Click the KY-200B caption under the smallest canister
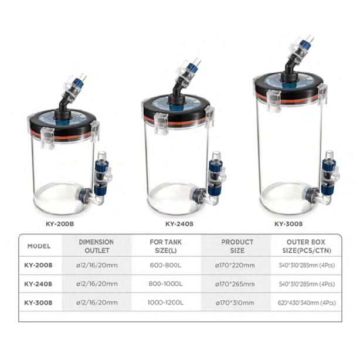pos(60,224)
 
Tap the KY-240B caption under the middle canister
pos(179,224)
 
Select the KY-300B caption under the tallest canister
pos(288,224)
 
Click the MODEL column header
pos(39,246)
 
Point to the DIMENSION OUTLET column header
pos(96,246)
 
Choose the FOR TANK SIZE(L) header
pos(166,246)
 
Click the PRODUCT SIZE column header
pos(237,246)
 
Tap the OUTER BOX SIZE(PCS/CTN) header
pos(307,246)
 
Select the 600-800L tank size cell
pos(166,266)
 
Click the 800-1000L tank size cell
pos(166,284)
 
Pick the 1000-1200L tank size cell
pos(166,303)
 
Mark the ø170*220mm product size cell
pos(235,266)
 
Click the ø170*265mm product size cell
pos(235,284)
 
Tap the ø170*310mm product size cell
pos(235,303)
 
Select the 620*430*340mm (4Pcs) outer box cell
pos(307,303)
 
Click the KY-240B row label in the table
pos(38,284)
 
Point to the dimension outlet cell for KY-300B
pos(97,303)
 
